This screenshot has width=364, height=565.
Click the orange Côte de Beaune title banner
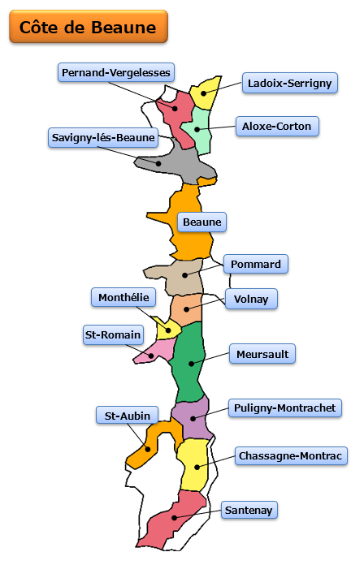click(89, 27)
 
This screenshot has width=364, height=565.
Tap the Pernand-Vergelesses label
click(116, 72)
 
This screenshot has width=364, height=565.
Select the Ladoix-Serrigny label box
click(290, 83)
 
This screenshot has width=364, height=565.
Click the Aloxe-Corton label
click(277, 126)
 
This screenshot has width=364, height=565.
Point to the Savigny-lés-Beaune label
click(103, 137)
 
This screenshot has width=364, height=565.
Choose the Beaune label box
click(202, 222)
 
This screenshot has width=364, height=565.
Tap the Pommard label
click(256, 264)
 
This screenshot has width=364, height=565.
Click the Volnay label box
click(251, 299)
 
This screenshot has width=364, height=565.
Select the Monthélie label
click(123, 297)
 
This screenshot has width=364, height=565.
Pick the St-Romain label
click(113, 334)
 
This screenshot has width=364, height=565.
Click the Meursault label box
click(262, 354)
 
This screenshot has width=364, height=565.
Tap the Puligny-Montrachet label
click(285, 408)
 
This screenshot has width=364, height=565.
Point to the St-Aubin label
click(127, 416)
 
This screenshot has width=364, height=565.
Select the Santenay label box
click(249, 510)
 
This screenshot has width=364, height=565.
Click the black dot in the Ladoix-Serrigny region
click(203, 93)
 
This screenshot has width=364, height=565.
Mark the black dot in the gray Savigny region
click(158, 164)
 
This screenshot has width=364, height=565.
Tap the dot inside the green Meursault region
click(191, 364)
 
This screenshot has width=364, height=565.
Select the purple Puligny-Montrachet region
click(191, 418)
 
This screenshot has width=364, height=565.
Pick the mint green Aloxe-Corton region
click(197, 131)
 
